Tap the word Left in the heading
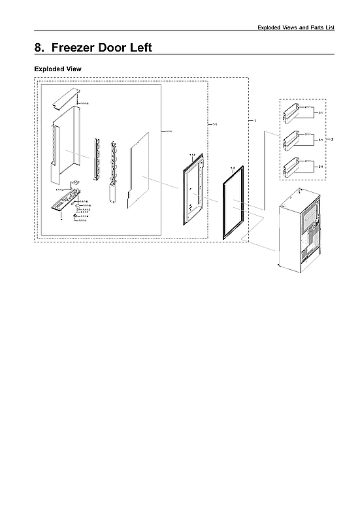tap(144, 48)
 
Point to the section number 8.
tap(39, 48)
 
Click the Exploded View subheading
tap(57, 69)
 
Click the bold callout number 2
tap(333, 139)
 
